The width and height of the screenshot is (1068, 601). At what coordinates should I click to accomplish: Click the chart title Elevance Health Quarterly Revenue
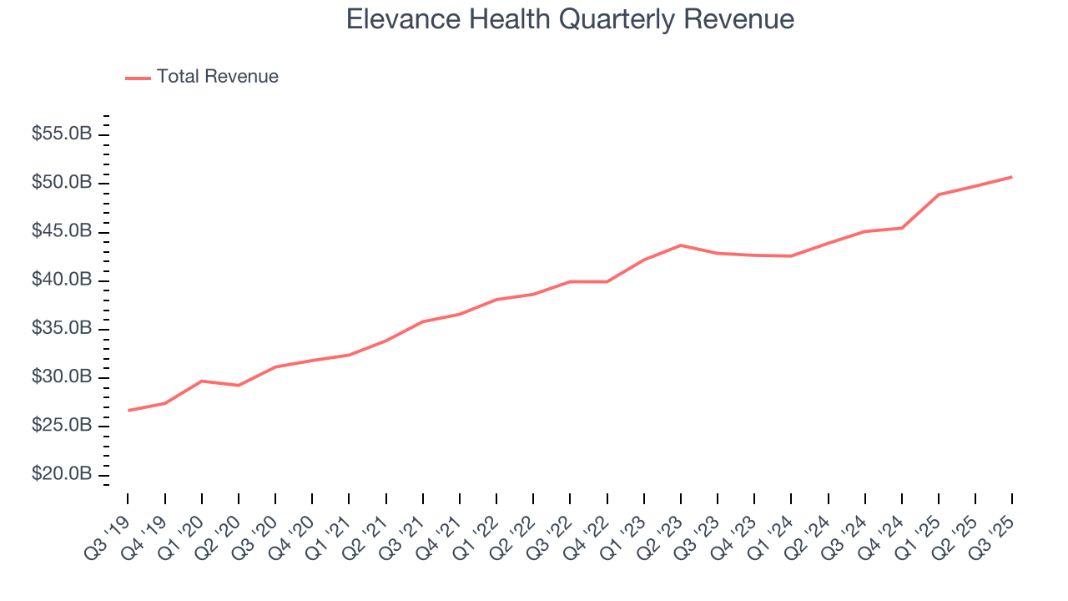[x=570, y=19]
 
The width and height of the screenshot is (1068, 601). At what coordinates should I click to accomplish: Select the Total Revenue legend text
[x=217, y=77]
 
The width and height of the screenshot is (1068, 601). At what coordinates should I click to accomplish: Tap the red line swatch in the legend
[x=138, y=78]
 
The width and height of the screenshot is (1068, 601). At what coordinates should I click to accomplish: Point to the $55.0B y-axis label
[x=63, y=134]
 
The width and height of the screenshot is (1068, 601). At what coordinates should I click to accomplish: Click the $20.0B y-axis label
[x=63, y=474]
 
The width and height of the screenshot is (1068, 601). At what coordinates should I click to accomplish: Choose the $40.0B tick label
[x=63, y=280]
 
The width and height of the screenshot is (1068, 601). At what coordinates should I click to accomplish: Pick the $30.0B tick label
[x=63, y=377]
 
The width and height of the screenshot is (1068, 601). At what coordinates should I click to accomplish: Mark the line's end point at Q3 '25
[x=1012, y=177]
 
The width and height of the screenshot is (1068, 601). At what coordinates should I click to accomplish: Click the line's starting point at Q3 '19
[x=128, y=411]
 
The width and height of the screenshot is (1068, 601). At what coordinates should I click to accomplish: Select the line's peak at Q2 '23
[x=681, y=245]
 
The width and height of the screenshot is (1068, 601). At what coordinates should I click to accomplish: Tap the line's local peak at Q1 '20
[x=202, y=381]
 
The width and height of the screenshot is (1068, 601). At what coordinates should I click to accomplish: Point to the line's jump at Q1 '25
[x=939, y=194]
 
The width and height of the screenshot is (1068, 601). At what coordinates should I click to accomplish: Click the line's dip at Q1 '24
[x=791, y=256]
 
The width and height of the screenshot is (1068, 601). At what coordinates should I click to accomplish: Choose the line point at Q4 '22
[x=607, y=281]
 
